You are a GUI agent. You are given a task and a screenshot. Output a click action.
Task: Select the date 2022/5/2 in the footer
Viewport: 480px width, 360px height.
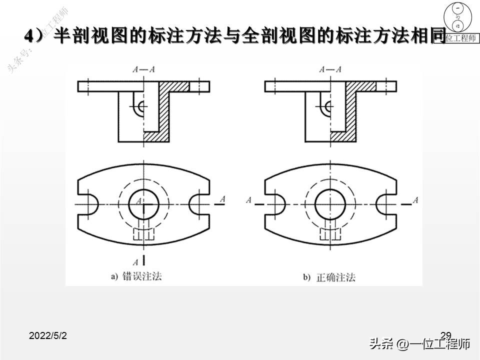[48, 336]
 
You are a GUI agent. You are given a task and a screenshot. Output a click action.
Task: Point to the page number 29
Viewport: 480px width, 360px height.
[446, 335]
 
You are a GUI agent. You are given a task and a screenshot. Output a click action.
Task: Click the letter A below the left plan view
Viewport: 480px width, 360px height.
[135, 261]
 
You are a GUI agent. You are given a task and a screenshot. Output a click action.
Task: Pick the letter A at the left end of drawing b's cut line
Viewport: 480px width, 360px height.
[248, 200]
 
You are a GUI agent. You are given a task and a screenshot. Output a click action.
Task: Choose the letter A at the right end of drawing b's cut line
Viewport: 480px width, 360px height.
[415, 200]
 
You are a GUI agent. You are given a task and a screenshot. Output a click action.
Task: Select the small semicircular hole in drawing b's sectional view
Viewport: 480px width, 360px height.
[327, 106]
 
